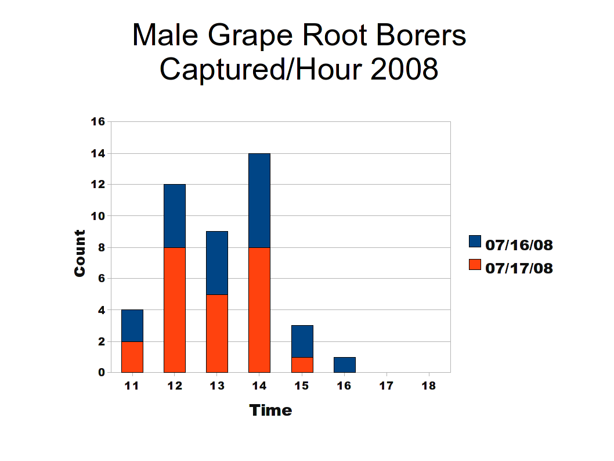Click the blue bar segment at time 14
(x=259, y=200)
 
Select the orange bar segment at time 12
(x=175, y=310)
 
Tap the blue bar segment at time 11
(x=132, y=326)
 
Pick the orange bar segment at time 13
(x=217, y=333)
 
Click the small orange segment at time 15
(x=302, y=365)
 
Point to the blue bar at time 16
(x=345, y=365)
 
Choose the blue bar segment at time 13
(x=217, y=263)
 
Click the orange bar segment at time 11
(x=132, y=357)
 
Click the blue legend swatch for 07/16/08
(x=475, y=242)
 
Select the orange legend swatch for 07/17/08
(x=475, y=264)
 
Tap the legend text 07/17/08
(x=519, y=268)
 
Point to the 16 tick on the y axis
(x=98, y=122)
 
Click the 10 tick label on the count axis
(x=98, y=216)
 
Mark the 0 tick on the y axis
(x=102, y=373)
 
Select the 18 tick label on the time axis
(x=428, y=386)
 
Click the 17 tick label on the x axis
(x=386, y=386)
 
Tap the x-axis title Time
(x=270, y=410)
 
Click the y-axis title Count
(x=80, y=253)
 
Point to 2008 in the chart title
(x=404, y=69)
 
